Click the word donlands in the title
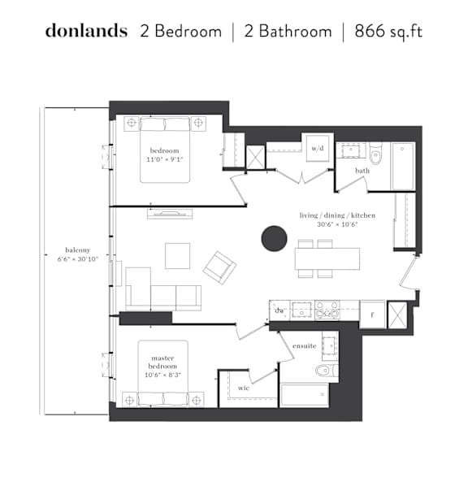[x=86, y=31]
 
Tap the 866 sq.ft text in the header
[x=388, y=32]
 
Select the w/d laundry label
[x=318, y=148]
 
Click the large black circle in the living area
[x=275, y=238]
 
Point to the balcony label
[x=78, y=249]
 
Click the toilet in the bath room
[x=375, y=154]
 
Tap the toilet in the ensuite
[x=327, y=370]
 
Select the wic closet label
[x=244, y=388]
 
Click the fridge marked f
[x=373, y=314]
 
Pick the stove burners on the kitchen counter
[x=327, y=310]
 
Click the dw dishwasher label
[x=279, y=310]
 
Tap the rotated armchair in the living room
[x=219, y=267]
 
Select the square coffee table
[x=177, y=256]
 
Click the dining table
[x=327, y=258]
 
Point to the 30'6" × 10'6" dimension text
[x=337, y=224]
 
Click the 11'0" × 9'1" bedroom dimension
[x=164, y=159]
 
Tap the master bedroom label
[x=162, y=362]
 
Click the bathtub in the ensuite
[x=305, y=395]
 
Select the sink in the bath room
[x=351, y=150]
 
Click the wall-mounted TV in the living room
[x=170, y=214]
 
